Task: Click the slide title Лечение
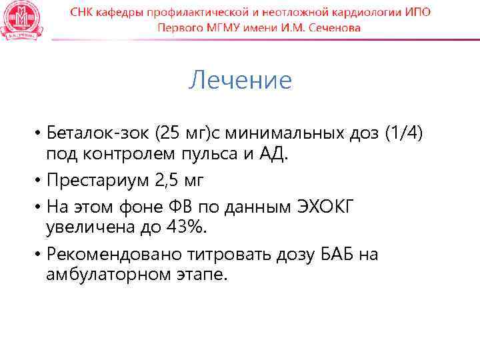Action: (x=240, y=81)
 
